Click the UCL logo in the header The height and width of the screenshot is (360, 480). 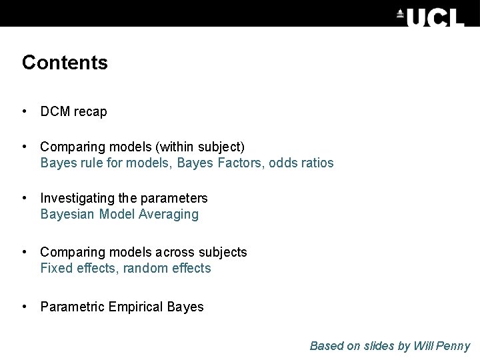click(x=430, y=17)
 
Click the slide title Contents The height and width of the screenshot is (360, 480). click(x=65, y=63)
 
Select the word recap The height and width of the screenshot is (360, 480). click(x=90, y=112)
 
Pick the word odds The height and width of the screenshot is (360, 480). click(x=283, y=163)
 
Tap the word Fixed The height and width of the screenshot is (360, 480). click(x=53, y=269)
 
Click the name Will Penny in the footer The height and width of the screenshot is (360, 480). click(x=442, y=346)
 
